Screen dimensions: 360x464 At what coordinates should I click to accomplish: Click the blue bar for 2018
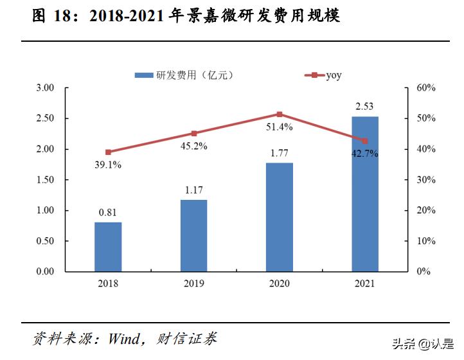108,247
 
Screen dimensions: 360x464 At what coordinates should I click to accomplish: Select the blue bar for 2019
193,235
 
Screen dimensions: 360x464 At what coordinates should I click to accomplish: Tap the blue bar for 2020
279,217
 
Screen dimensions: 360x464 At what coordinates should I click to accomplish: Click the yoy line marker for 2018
108,152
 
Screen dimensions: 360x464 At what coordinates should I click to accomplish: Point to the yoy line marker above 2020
279,114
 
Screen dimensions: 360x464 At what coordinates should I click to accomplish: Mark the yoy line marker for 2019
193,134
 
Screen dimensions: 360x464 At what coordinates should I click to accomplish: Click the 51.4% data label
279,127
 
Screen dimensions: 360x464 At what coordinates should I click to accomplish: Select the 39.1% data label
108,165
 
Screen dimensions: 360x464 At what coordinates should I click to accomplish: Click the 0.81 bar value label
108,213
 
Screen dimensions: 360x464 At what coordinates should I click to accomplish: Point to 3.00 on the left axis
46,88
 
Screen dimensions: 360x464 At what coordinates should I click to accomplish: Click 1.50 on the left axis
46,180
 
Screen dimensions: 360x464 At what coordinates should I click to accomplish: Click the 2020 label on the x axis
279,283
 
